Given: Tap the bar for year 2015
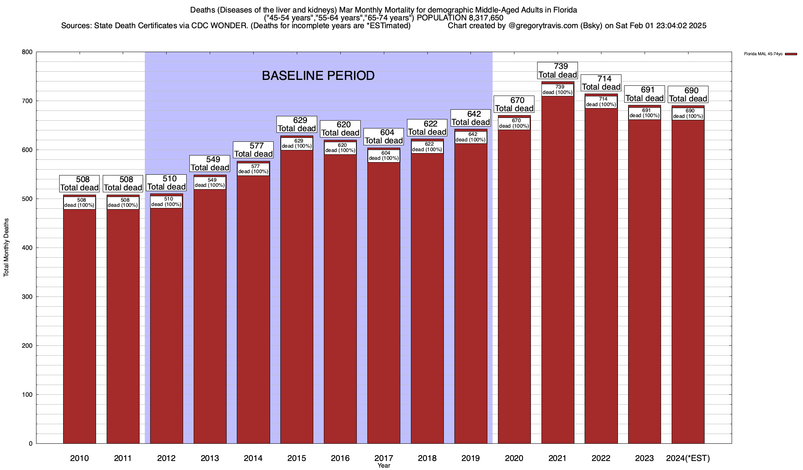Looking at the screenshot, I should (297, 298).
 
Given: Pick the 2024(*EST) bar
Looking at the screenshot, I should (688, 282).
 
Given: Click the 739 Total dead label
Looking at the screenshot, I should (558, 70).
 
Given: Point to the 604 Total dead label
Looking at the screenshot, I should (384, 136).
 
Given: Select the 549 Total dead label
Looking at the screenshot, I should (210, 163).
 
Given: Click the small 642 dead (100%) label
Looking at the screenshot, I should (471, 137).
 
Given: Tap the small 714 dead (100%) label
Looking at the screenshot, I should (601, 102).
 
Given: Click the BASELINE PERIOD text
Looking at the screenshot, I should (318, 76).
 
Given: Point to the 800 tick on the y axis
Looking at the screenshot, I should (27, 52).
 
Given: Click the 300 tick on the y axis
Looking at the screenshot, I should (27, 297).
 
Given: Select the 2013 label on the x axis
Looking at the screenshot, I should (210, 458).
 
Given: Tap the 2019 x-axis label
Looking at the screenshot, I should (471, 458).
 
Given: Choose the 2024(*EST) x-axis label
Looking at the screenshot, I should (688, 458).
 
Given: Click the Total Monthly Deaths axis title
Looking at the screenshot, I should (6, 247).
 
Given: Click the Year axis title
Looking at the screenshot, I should (384, 466).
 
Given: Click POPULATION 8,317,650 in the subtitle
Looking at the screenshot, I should (460, 18).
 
